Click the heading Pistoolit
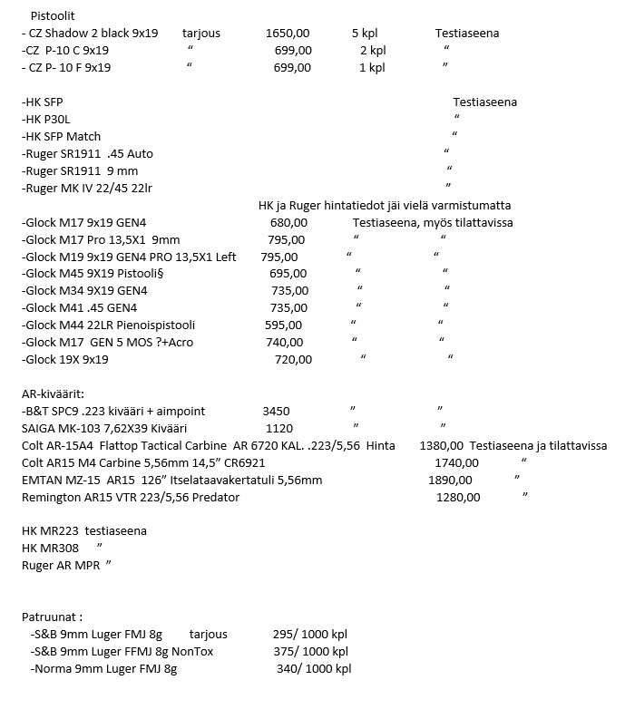(x=53, y=16)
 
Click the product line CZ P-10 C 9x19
(x=65, y=51)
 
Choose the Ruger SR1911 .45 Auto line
(x=87, y=153)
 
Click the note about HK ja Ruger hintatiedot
(x=385, y=205)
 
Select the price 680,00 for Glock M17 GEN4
(x=288, y=222)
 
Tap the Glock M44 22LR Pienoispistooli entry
(x=108, y=325)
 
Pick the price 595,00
(x=283, y=325)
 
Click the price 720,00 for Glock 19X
(x=293, y=359)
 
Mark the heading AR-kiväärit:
(x=53, y=394)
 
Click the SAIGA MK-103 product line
(x=91, y=428)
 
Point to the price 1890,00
(x=449, y=480)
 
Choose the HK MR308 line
(x=50, y=549)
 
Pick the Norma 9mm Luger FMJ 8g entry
(x=103, y=669)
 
